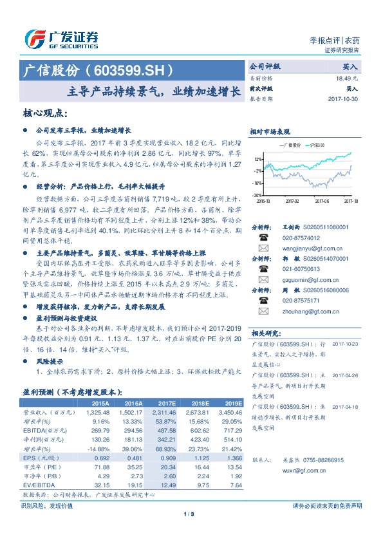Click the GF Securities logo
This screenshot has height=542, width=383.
pos(62,39)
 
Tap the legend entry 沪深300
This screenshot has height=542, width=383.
pos(316,144)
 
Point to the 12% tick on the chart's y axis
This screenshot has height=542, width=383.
pos(257,158)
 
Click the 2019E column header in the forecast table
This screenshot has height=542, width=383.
pos(233,402)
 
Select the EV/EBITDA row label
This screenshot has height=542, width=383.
pos(39,485)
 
